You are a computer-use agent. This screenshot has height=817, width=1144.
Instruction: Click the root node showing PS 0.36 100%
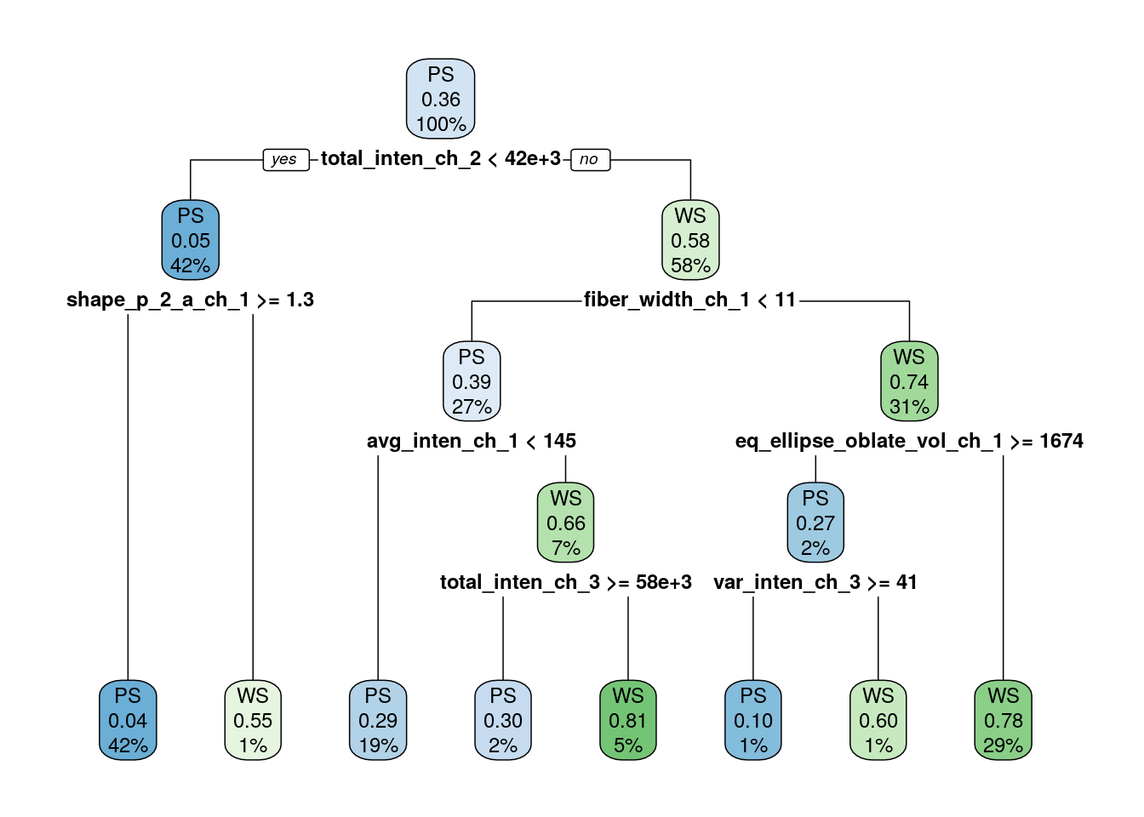pyautogui.click(x=440, y=100)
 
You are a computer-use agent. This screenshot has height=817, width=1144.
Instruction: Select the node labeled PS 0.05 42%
pyautogui.click(x=191, y=241)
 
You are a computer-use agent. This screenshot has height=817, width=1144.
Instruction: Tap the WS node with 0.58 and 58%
pyautogui.click(x=690, y=241)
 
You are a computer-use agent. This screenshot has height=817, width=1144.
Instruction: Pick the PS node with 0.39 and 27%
pyautogui.click(x=472, y=382)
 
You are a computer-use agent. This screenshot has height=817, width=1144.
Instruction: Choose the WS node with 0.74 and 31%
pyautogui.click(x=909, y=382)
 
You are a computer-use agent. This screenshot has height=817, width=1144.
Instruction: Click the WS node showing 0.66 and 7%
pyautogui.click(x=565, y=523)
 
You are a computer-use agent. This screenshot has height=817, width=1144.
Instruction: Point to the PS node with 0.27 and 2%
pyautogui.click(x=815, y=523)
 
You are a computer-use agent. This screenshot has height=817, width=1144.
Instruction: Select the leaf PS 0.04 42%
pyautogui.click(x=128, y=721)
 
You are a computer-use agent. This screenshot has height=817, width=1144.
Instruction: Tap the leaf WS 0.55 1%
pyautogui.click(x=253, y=721)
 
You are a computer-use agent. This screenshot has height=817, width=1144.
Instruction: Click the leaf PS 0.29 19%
pyautogui.click(x=378, y=721)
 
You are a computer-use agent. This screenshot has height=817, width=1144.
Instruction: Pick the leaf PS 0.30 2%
pyautogui.click(x=503, y=721)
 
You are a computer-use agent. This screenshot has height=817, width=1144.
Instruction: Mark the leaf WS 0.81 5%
pyautogui.click(x=628, y=721)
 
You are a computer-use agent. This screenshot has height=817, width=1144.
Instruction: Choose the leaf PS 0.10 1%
pyautogui.click(x=753, y=721)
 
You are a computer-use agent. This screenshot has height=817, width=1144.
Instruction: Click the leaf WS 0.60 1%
pyautogui.click(x=878, y=721)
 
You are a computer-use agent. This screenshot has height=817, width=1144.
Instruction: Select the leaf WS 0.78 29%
pyautogui.click(x=1003, y=721)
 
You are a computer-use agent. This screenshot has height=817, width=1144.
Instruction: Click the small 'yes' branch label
pyautogui.click(x=285, y=159)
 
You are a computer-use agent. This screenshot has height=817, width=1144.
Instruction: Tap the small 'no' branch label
pyautogui.click(x=590, y=159)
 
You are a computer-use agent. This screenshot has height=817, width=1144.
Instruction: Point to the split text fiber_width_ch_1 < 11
pyautogui.click(x=689, y=300)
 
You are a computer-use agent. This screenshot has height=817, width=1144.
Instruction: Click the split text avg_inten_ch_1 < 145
pyautogui.click(x=471, y=441)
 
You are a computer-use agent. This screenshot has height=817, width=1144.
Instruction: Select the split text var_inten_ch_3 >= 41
pyautogui.click(x=815, y=582)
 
